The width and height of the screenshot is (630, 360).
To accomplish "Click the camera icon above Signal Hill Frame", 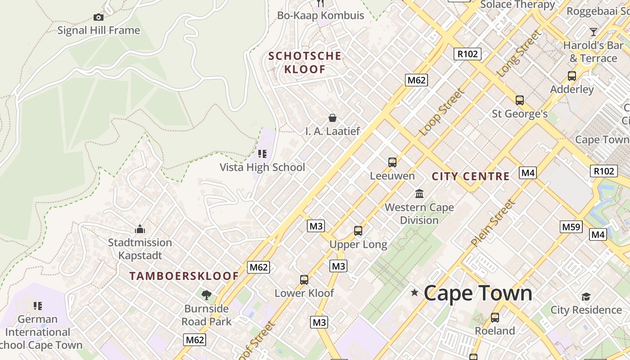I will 99,17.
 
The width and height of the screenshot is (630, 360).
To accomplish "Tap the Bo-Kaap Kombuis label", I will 320,15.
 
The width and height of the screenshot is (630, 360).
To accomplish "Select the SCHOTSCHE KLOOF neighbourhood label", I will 305,63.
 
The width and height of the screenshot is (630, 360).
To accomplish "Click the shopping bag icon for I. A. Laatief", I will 333,118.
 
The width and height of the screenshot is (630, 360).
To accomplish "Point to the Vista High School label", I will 262,167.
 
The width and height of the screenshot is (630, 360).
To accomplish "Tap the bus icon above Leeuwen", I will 392,162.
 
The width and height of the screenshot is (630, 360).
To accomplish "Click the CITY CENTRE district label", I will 471,176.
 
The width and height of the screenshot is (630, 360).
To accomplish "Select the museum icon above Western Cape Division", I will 419,193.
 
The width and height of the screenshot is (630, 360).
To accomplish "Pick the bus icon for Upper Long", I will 358,231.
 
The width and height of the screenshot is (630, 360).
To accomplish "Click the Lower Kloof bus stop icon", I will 304,279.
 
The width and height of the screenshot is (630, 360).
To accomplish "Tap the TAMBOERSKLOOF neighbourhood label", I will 184,276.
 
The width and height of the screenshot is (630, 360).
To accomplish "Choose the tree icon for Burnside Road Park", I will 207,295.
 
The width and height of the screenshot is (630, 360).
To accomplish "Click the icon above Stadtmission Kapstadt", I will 140,229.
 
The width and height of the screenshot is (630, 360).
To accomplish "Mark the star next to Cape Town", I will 414,293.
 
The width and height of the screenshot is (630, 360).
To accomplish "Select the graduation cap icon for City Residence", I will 586,297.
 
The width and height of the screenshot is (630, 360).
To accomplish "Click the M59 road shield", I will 571,227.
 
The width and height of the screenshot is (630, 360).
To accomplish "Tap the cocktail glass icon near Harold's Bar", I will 594,31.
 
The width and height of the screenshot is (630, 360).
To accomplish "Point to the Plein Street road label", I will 493,223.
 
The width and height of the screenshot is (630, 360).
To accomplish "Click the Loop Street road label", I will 441,112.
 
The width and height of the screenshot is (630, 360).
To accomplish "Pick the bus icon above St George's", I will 520,100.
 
